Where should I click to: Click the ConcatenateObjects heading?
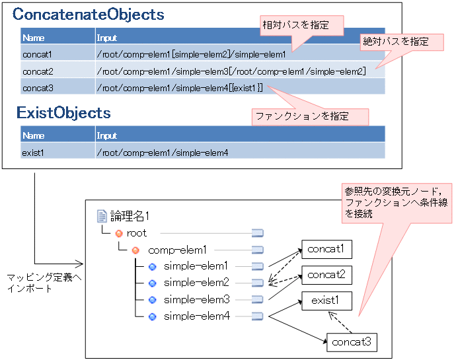[x=88, y=14]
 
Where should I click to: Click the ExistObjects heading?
[x=63, y=113]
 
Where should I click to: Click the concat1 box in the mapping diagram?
[x=326, y=249]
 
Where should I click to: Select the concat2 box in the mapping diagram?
[x=326, y=275]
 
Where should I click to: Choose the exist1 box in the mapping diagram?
[x=326, y=301]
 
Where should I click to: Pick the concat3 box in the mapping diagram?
[x=352, y=342]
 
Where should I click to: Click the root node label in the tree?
[x=137, y=233]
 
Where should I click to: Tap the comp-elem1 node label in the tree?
[x=177, y=250]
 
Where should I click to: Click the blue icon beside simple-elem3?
[x=152, y=299]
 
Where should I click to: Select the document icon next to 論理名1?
[x=102, y=215]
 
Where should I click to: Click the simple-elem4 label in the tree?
[x=196, y=316]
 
